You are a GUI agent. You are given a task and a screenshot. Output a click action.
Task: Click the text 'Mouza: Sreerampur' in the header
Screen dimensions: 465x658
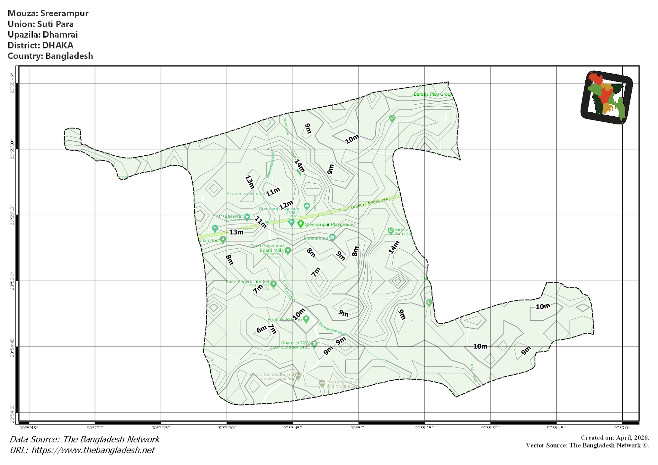tap(48, 13)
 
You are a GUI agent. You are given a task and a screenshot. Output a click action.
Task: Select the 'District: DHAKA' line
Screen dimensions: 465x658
tap(40, 45)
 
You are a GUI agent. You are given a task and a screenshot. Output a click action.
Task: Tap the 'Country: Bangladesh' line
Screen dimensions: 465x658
tap(50, 56)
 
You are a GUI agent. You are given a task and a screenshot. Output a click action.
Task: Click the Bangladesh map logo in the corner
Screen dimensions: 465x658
tap(606, 97)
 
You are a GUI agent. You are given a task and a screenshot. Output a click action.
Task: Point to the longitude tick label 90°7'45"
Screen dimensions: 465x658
tap(292, 428)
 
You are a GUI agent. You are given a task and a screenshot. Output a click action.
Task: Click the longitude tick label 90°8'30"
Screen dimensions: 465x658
tap(490, 428)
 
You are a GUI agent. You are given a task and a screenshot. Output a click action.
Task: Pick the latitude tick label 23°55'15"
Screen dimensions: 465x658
tap(12, 215)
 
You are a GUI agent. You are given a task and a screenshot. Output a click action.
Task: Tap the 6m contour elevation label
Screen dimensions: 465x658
tap(261, 329)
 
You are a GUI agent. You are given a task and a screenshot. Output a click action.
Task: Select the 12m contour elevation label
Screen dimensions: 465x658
tap(286, 205)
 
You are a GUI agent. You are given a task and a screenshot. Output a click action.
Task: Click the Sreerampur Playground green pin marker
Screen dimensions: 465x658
tap(300, 224)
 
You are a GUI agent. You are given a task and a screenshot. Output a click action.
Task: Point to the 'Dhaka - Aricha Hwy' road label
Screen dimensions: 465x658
tap(371, 203)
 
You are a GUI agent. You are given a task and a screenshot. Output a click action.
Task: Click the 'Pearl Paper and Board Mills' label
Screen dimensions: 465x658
tap(267, 248)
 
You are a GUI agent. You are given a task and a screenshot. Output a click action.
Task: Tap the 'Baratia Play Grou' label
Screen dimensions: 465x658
tap(432, 94)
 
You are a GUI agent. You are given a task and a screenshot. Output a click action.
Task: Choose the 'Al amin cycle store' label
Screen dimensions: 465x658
tap(246, 194)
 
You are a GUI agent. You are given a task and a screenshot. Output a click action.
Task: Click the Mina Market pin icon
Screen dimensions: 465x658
tap(247, 217)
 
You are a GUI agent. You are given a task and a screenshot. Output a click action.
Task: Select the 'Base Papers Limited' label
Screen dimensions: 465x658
tap(247, 282)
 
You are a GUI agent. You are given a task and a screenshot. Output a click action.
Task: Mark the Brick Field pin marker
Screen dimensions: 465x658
tap(306, 319)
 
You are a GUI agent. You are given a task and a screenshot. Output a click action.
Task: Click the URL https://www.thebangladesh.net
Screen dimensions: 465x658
tap(82, 450)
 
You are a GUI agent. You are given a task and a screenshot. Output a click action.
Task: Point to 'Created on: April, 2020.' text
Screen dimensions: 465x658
tap(615, 438)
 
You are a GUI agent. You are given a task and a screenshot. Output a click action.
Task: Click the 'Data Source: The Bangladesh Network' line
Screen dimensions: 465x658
tap(85, 439)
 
